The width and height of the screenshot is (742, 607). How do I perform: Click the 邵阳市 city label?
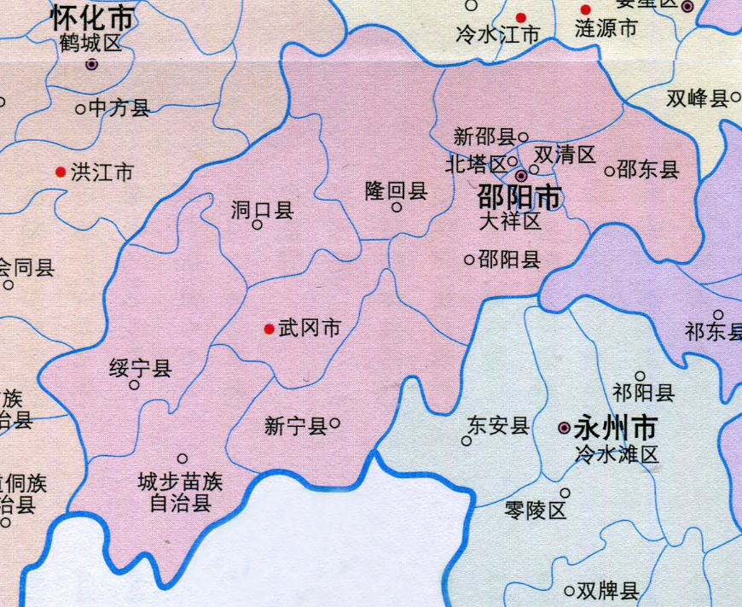click(x=519, y=198)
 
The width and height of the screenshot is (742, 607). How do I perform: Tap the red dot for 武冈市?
click(x=270, y=329)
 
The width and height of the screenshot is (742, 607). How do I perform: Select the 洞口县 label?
click(x=263, y=210)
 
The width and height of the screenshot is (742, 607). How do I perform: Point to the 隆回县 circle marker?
click(x=397, y=207)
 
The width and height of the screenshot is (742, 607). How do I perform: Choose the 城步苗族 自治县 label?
click(x=180, y=493)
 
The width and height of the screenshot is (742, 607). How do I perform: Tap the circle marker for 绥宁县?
click(x=135, y=385)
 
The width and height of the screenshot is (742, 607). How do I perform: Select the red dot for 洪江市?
click(x=60, y=172)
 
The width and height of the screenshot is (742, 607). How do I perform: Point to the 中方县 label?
click(x=119, y=108)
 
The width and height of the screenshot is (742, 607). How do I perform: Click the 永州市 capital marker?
click(x=564, y=427)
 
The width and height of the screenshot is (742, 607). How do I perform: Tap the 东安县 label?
click(x=499, y=425)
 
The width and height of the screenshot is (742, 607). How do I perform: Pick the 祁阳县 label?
click(x=643, y=393)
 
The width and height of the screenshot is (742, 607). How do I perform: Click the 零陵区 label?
click(x=535, y=511)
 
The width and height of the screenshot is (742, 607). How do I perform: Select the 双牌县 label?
click(x=607, y=590)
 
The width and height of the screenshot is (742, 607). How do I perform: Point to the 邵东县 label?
click(x=647, y=170)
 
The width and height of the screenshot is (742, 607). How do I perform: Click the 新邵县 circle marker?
click(x=524, y=136)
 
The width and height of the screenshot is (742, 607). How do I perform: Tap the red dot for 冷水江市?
click(x=520, y=17)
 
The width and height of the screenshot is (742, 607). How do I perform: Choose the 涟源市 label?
click(x=606, y=28)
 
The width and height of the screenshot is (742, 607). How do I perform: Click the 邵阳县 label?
click(x=509, y=260)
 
